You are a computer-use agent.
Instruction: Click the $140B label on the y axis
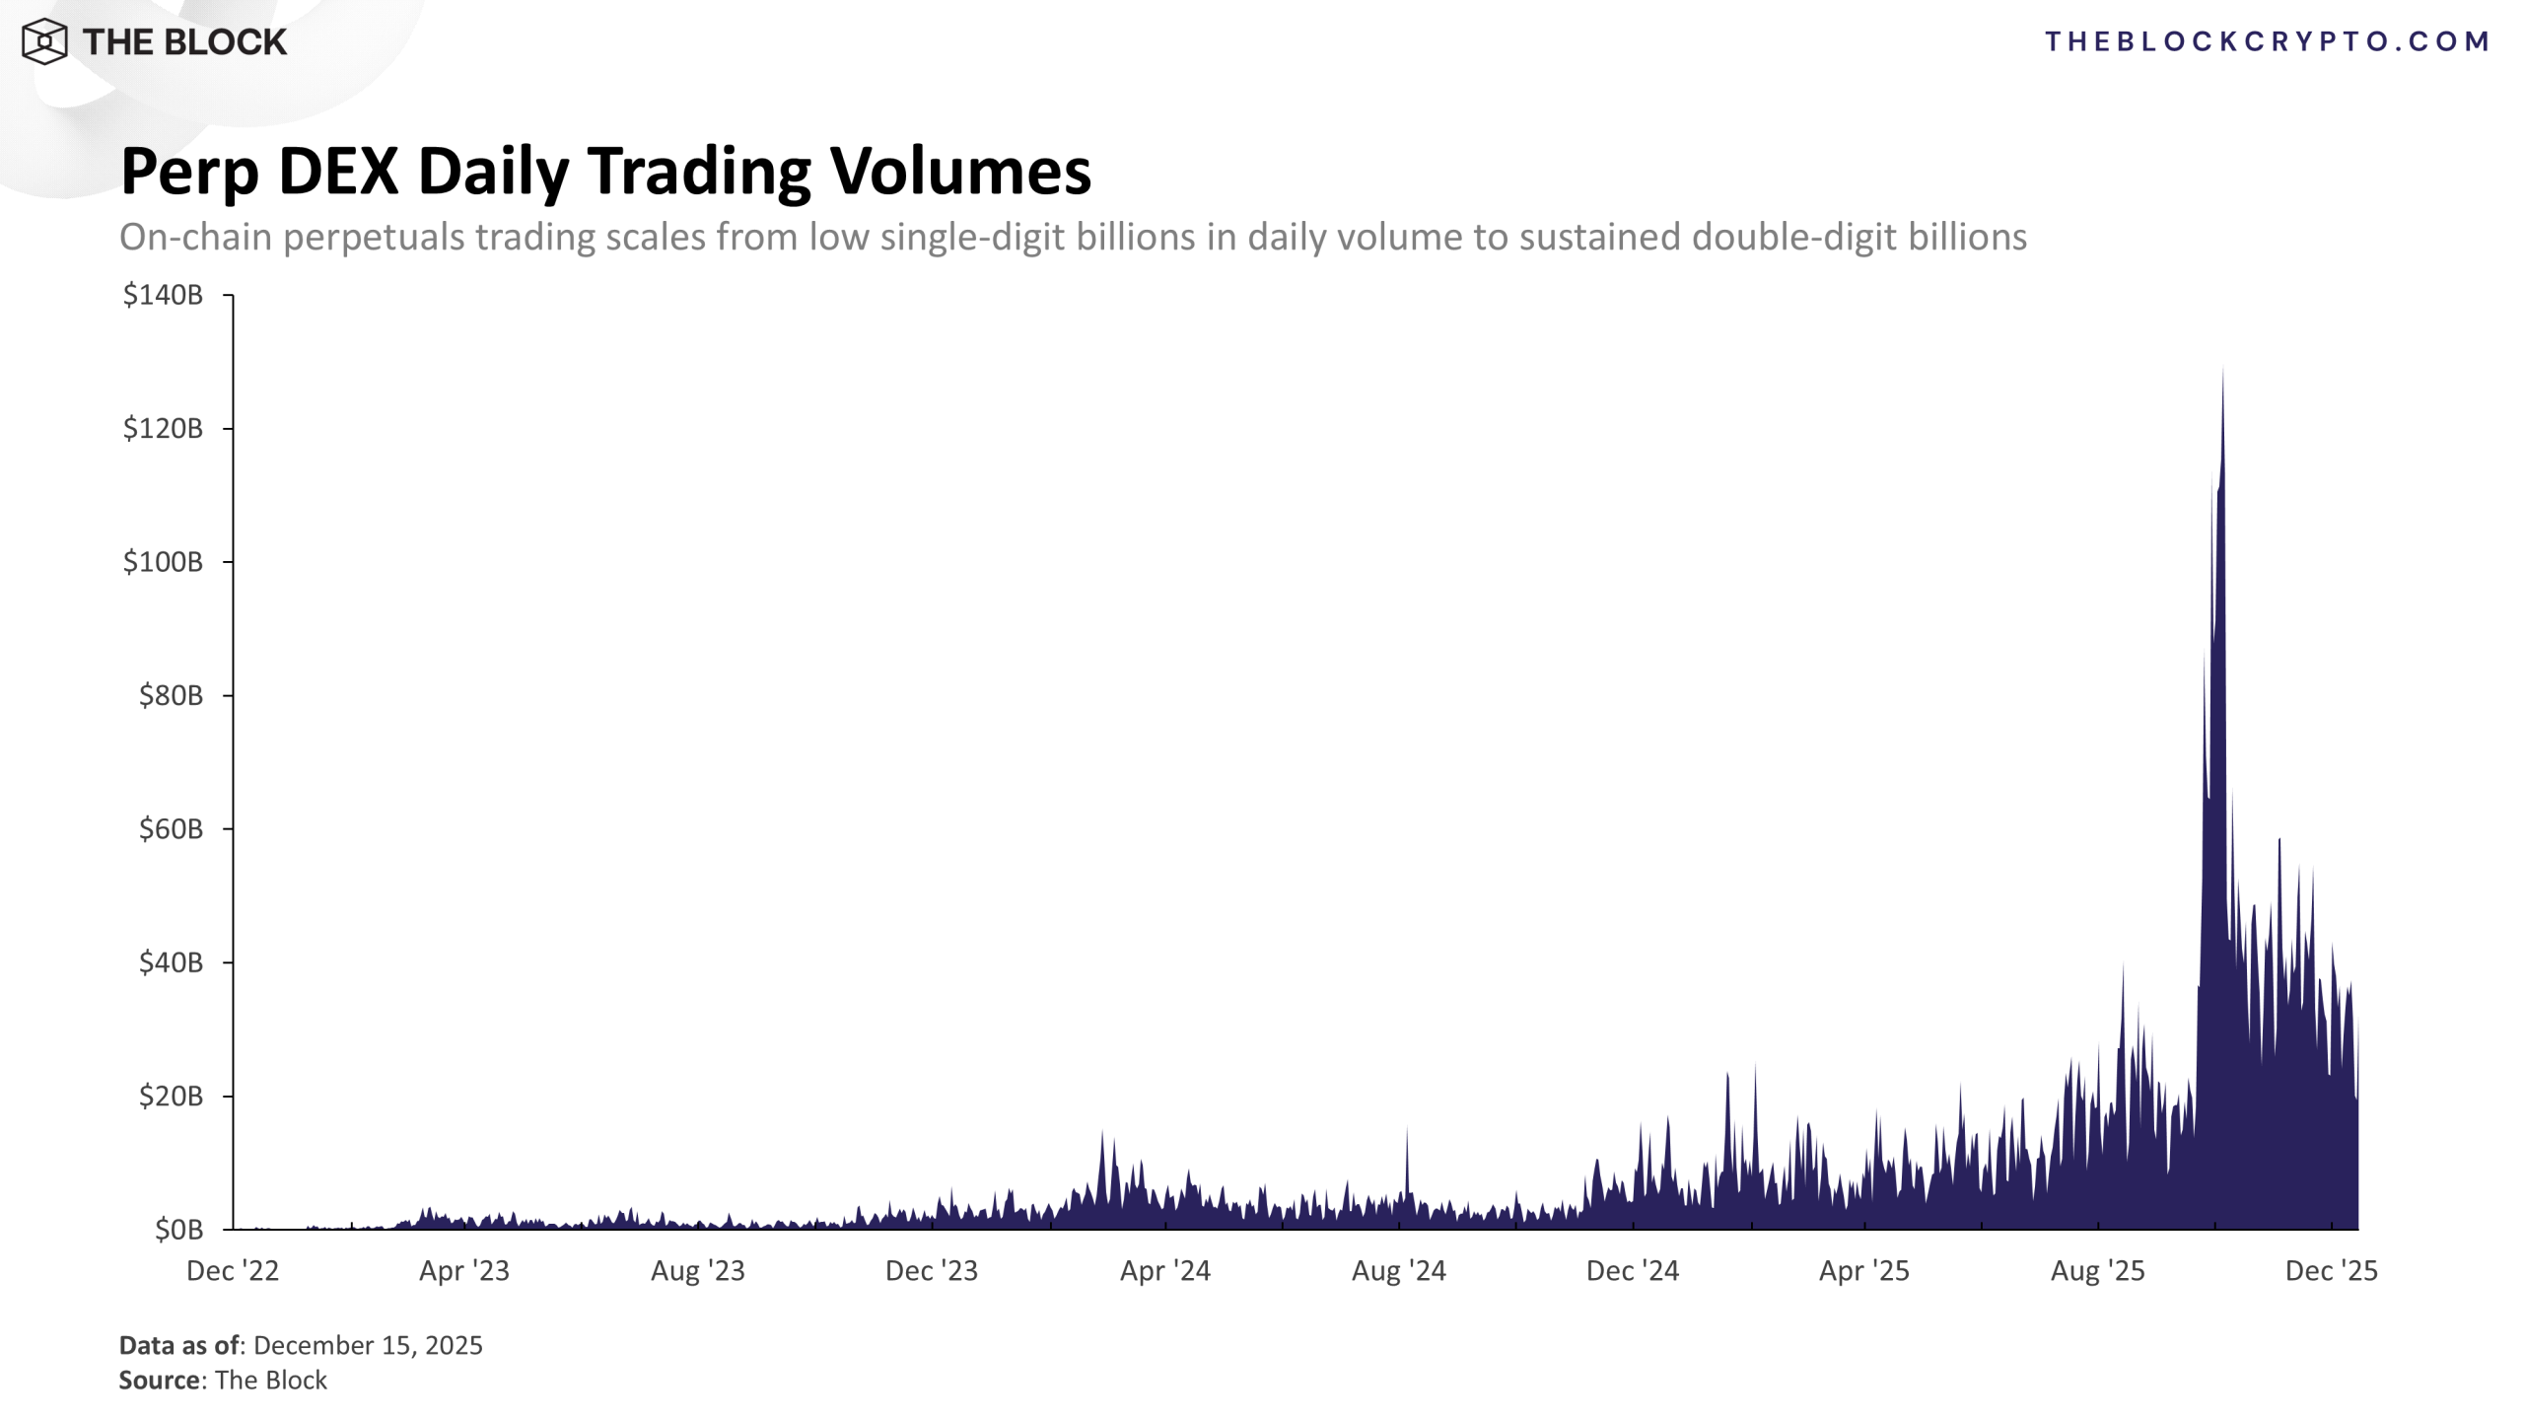163,295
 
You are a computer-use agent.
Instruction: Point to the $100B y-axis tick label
163,562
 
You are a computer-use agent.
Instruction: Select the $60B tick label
171,829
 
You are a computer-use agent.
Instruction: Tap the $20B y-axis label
171,1097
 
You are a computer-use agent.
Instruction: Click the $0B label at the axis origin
178,1230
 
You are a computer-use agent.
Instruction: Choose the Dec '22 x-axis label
233,1271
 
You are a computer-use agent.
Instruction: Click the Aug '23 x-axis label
698,1271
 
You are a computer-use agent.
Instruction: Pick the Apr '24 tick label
1165,1271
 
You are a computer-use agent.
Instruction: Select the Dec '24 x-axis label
1633,1271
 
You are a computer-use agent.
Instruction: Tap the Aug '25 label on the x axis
2098,1271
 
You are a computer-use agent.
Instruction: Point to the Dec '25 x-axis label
2332,1271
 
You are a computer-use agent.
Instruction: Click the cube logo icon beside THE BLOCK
44,41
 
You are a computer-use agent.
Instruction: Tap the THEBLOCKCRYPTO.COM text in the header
2267,41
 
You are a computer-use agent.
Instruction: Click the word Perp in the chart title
189,173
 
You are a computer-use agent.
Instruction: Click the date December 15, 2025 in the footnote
368,1346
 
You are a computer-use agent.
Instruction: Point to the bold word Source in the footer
159,1381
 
